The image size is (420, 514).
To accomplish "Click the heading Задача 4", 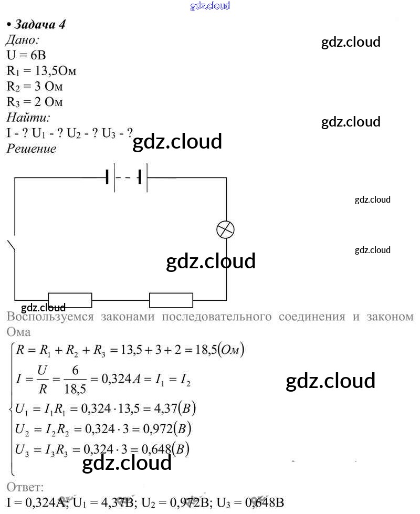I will click(x=39, y=25).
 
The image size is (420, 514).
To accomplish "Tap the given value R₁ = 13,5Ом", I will click(x=41, y=71).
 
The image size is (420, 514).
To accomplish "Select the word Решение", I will click(x=31, y=149).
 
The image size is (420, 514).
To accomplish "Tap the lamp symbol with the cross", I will click(x=226, y=230).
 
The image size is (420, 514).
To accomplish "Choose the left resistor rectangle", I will click(x=70, y=300).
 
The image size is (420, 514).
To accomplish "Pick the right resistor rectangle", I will click(x=171, y=300).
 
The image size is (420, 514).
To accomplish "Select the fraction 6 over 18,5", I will click(x=75, y=379).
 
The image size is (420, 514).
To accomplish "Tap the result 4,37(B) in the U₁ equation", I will click(x=174, y=408).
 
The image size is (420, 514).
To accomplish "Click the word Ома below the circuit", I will click(x=19, y=332).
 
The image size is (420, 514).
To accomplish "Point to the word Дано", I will click(x=22, y=40).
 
